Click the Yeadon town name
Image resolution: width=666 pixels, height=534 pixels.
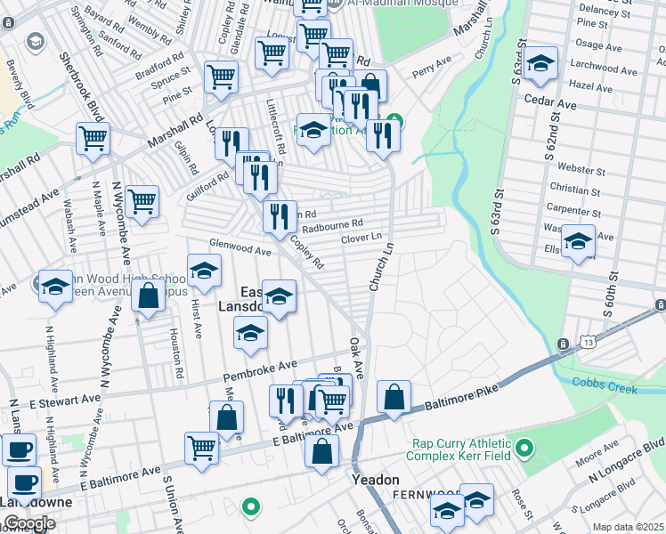click(x=375, y=480)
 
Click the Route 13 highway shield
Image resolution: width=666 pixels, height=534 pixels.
click(x=564, y=344)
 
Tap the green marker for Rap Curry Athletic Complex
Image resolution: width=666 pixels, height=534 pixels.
click(x=524, y=445)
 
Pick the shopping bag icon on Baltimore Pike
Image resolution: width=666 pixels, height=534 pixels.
click(x=393, y=397)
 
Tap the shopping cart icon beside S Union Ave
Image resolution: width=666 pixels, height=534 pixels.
click(x=202, y=448)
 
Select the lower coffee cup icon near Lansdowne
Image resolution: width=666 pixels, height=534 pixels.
click(x=24, y=483)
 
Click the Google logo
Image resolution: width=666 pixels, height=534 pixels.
click(x=29, y=523)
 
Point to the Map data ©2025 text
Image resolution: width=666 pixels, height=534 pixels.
click(x=628, y=527)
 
